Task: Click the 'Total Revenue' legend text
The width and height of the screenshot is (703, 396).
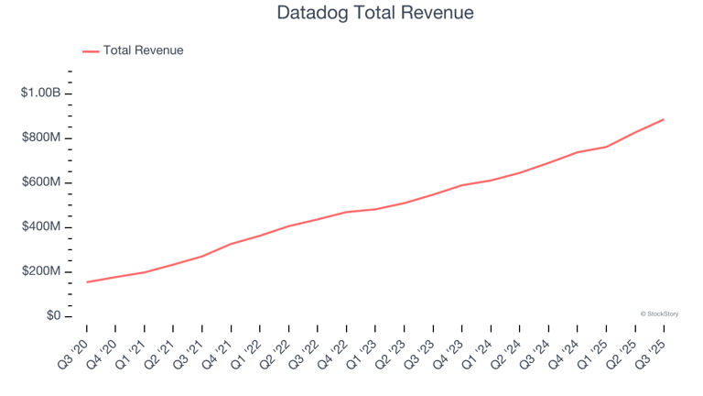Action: coord(143,50)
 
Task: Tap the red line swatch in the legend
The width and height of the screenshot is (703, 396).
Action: coord(91,51)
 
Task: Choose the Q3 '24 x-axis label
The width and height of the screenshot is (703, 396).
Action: coord(536,352)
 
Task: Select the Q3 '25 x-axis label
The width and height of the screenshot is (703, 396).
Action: coord(652,352)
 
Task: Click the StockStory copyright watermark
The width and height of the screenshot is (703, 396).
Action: coord(659,313)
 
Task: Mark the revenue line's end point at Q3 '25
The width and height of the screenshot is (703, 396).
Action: coord(664,119)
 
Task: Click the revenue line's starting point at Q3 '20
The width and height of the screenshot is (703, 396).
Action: coord(87,281)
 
